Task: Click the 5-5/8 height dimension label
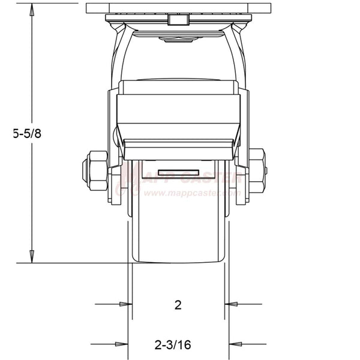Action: point(28,134)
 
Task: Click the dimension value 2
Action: point(178,305)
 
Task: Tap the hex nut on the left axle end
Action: point(94,170)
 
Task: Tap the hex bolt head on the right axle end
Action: point(257,170)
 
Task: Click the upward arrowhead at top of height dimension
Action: point(32,7)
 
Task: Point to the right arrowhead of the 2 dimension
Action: point(231,305)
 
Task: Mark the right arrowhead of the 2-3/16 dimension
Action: point(235,345)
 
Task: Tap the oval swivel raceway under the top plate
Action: point(178,40)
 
